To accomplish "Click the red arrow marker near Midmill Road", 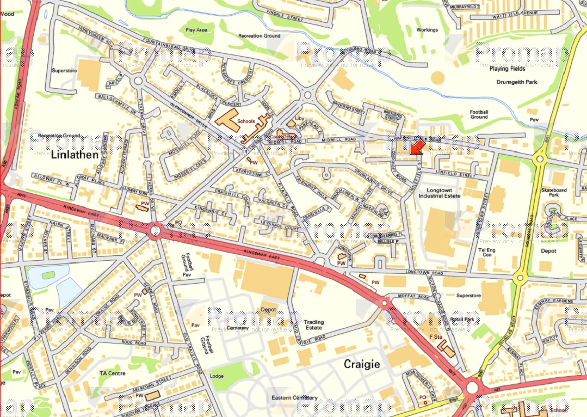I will click(x=417, y=146).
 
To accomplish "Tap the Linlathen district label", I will click(x=75, y=155).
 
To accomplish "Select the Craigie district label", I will click(x=361, y=364).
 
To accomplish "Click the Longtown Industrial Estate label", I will click(x=443, y=192).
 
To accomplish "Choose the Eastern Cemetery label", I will click(x=294, y=398).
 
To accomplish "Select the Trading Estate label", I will click(x=313, y=325).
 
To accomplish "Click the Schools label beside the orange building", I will click(x=246, y=121).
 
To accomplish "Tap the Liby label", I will click(x=299, y=118).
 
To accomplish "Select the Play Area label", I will click(x=196, y=30).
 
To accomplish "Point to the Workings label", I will click(x=427, y=30).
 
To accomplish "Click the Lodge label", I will click(x=217, y=376).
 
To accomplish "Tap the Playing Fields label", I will click(x=506, y=69).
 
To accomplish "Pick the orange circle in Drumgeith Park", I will click(x=437, y=77).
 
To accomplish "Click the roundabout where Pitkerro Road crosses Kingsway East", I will click(x=156, y=232).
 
